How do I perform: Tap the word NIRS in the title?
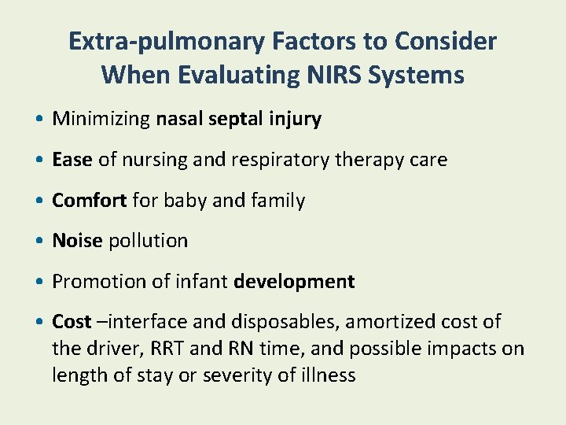(348, 75)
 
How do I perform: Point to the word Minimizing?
(101, 120)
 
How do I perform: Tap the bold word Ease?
(72, 160)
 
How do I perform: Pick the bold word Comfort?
(89, 201)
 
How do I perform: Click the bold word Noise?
(77, 241)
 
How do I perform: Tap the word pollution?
(148, 241)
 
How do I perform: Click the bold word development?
(294, 281)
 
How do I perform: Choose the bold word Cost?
(72, 322)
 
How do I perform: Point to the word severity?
(234, 375)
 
